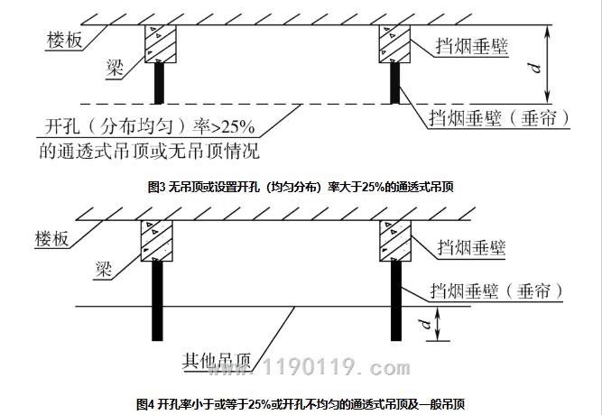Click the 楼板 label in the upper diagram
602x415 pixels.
(x=64, y=41)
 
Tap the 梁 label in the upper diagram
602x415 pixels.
(x=116, y=69)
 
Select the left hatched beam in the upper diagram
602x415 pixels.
(x=161, y=44)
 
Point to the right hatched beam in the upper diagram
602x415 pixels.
(x=394, y=44)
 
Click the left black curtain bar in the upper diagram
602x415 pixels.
(x=159, y=83)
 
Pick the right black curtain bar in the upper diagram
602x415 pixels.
(x=394, y=83)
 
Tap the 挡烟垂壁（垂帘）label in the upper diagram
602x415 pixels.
(x=499, y=118)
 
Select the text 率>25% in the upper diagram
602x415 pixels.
(x=224, y=126)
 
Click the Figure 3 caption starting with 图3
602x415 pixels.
(x=301, y=187)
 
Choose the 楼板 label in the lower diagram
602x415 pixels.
(x=51, y=239)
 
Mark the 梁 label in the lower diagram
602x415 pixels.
(x=104, y=269)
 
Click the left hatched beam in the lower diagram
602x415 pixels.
(x=157, y=241)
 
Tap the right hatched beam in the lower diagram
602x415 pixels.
(x=395, y=241)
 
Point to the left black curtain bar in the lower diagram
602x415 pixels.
(x=157, y=301)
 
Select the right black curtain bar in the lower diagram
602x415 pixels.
(x=396, y=301)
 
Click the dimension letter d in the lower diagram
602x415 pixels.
(x=425, y=325)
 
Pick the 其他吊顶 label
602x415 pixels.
(x=216, y=361)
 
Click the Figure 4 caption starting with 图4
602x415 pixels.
(x=301, y=404)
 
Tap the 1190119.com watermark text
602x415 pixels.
(x=309, y=367)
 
